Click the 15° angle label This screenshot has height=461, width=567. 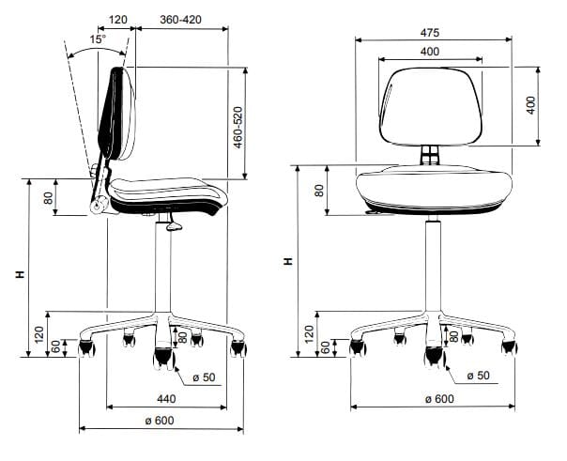tap(98, 39)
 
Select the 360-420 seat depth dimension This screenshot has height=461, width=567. tap(180, 20)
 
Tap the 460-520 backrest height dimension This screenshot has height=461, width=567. tap(238, 128)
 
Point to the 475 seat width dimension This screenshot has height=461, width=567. tap(430, 33)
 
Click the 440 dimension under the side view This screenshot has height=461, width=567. tap(166, 399)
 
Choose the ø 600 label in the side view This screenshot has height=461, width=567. tap(160, 421)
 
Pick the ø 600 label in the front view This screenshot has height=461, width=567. tap(439, 399)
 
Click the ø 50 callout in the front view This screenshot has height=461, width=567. tap(479, 376)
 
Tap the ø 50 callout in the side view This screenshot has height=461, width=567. tap(204, 377)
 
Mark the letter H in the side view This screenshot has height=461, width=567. tap(21, 274)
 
